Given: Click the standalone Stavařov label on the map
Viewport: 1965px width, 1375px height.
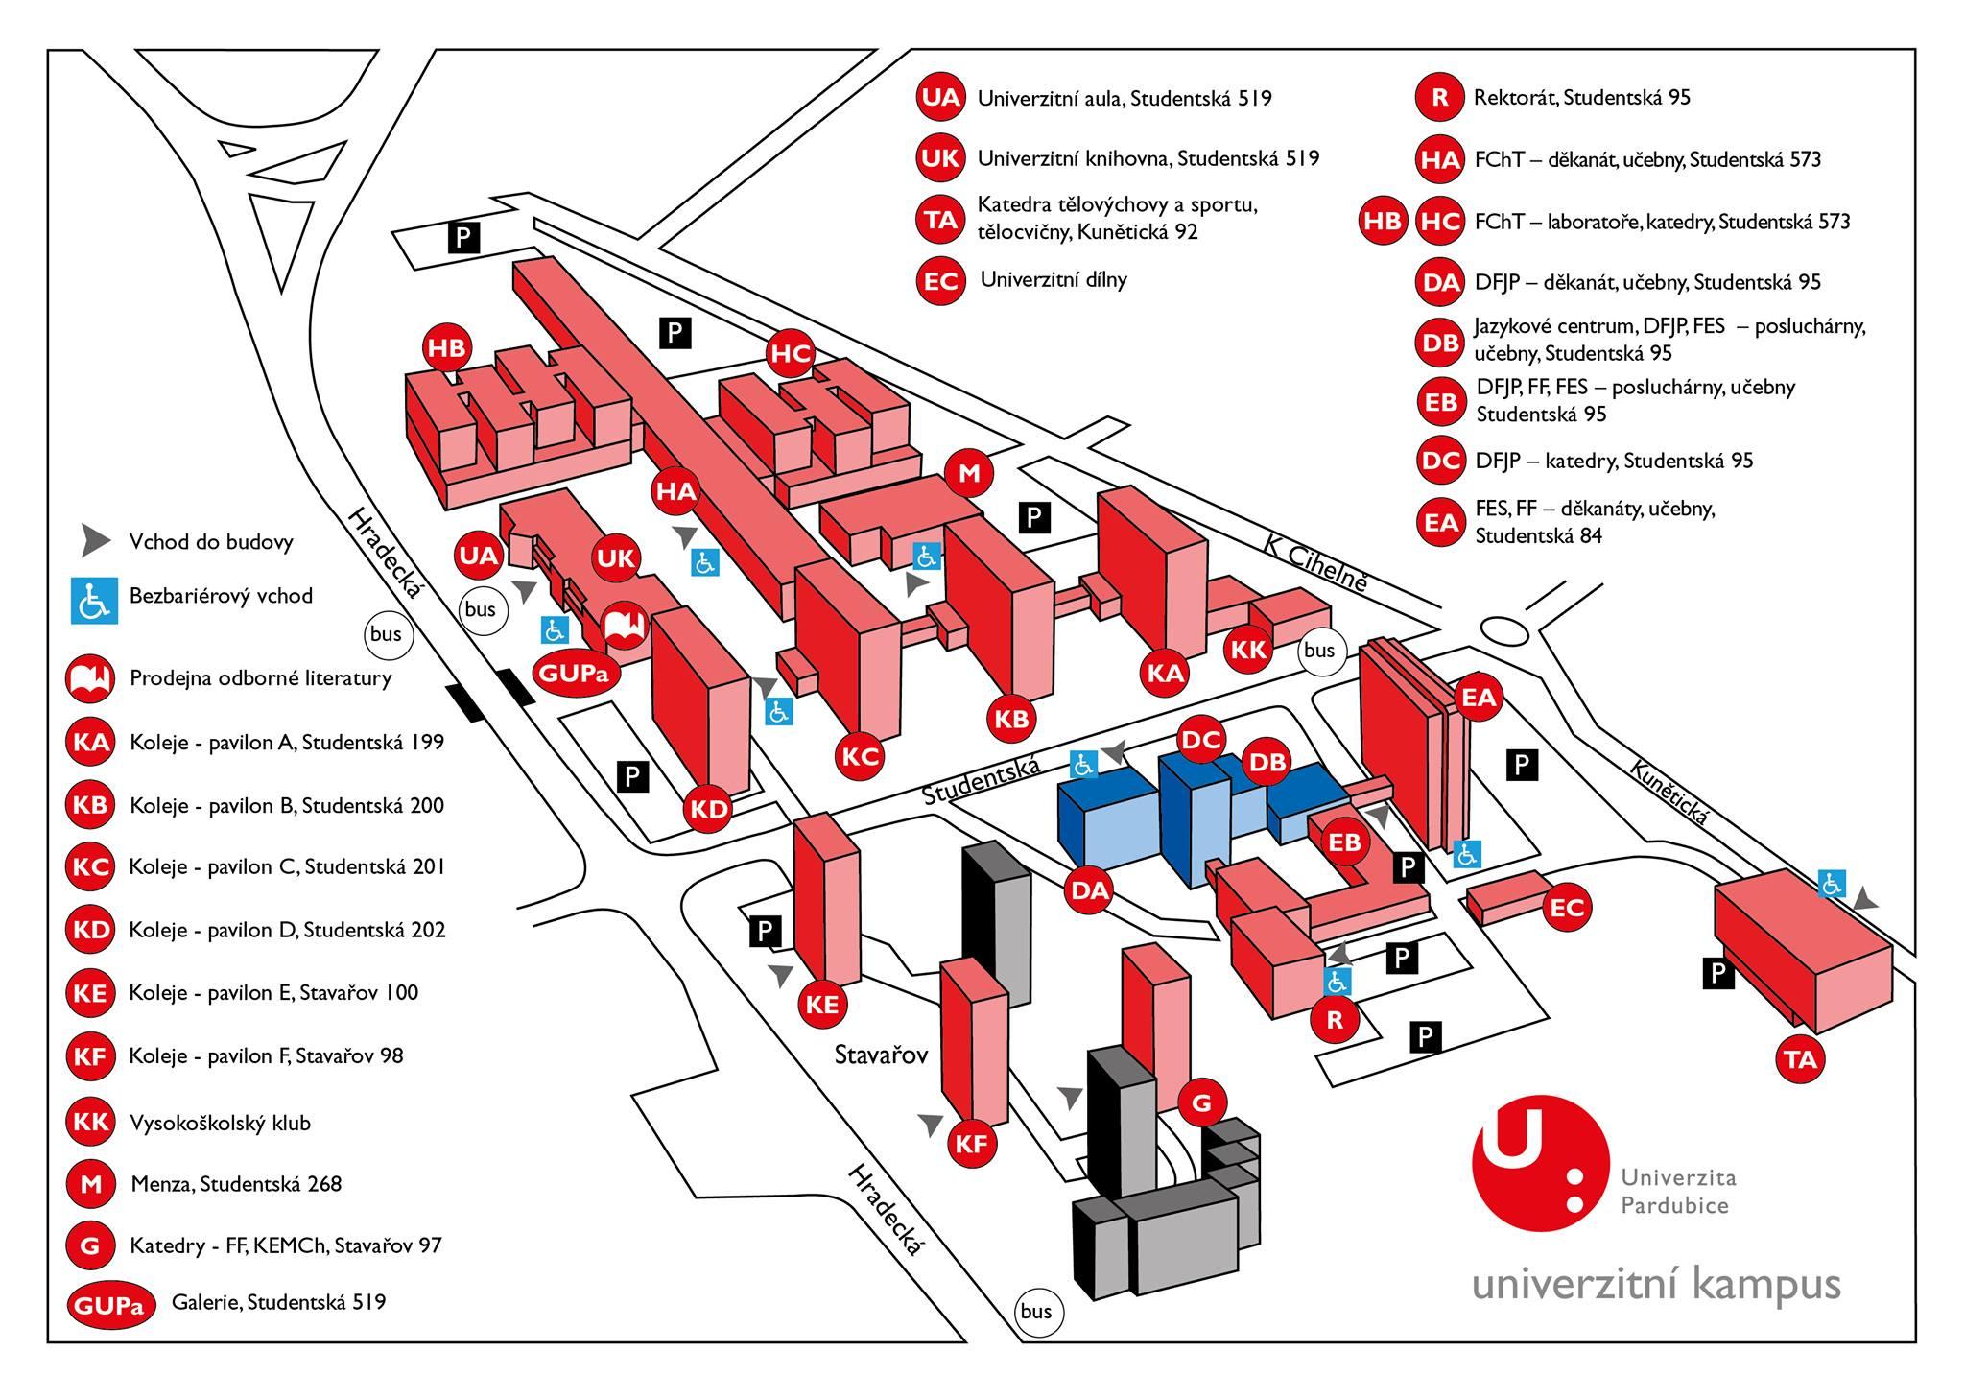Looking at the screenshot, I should coord(882,1055).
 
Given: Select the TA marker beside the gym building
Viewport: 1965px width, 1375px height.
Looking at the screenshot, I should coord(1801,1059).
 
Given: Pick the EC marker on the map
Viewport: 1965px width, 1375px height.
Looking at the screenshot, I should coord(1567,907).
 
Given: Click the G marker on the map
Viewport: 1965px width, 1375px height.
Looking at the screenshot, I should coord(1201,1104).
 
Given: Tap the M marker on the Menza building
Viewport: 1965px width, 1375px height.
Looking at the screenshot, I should coord(968,473).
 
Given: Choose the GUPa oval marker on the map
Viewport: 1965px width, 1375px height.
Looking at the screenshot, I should coord(574,673).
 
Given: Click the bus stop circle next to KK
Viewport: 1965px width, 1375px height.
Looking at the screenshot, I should coord(1319,651).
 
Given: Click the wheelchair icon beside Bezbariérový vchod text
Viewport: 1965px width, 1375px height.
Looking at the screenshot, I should coord(93,600).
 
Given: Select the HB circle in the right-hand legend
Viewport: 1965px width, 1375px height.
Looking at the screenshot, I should coord(1383,221).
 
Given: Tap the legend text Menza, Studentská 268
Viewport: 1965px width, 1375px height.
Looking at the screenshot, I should coord(236,1184).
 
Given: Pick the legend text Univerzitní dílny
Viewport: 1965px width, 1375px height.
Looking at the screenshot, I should coord(1054,280).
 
